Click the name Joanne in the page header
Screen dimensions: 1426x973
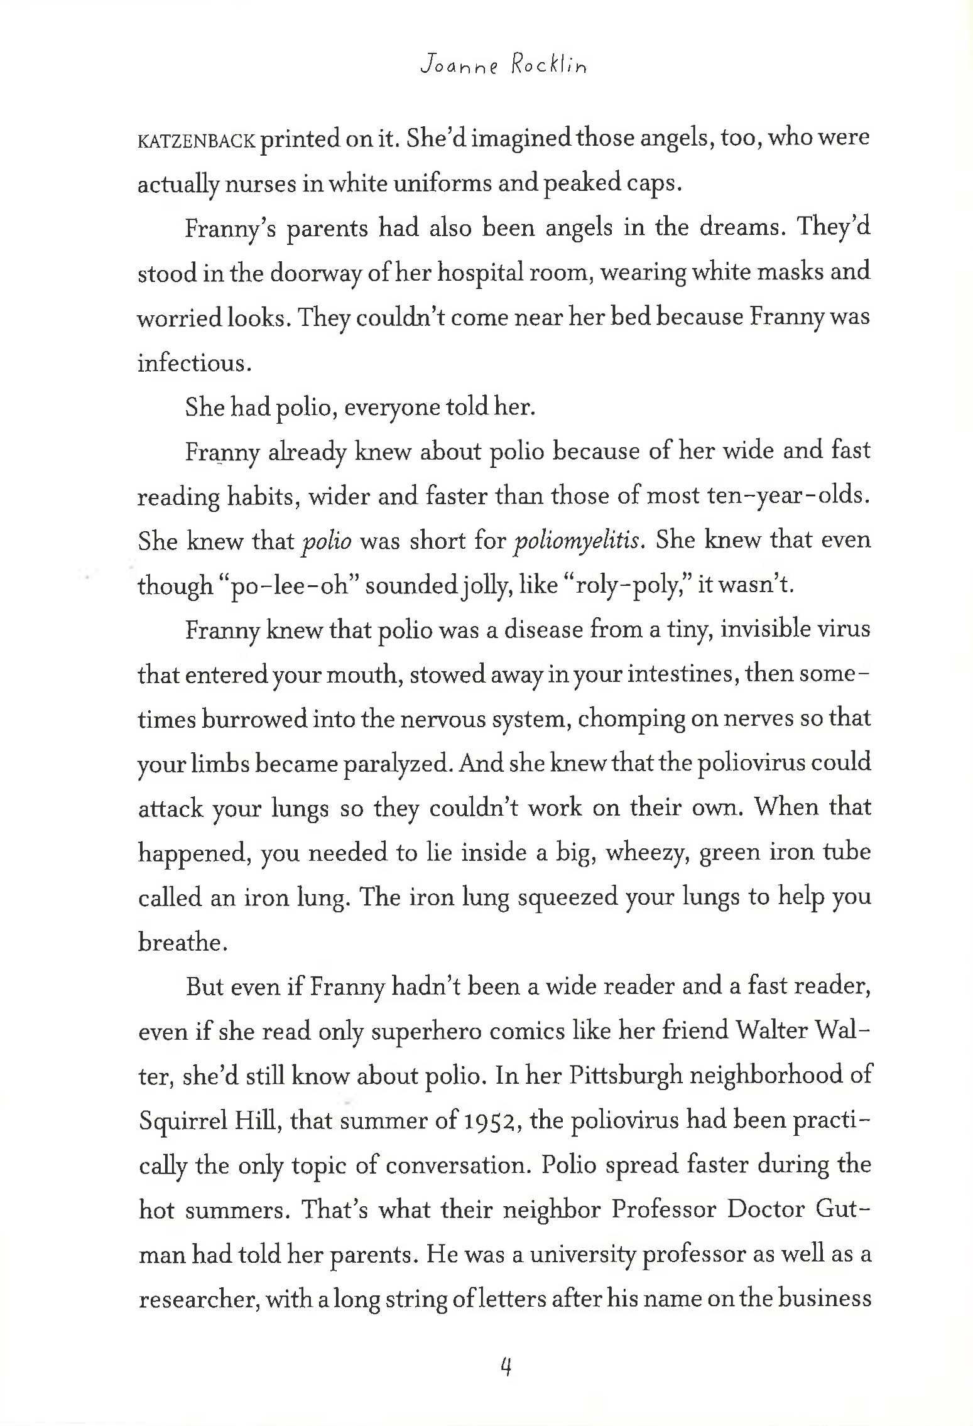(x=459, y=65)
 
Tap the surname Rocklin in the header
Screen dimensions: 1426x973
(x=548, y=65)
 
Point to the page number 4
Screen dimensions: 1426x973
(x=506, y=1366)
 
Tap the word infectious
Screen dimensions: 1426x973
(x=193, y=363)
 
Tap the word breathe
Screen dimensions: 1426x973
(x=182, y=943)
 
